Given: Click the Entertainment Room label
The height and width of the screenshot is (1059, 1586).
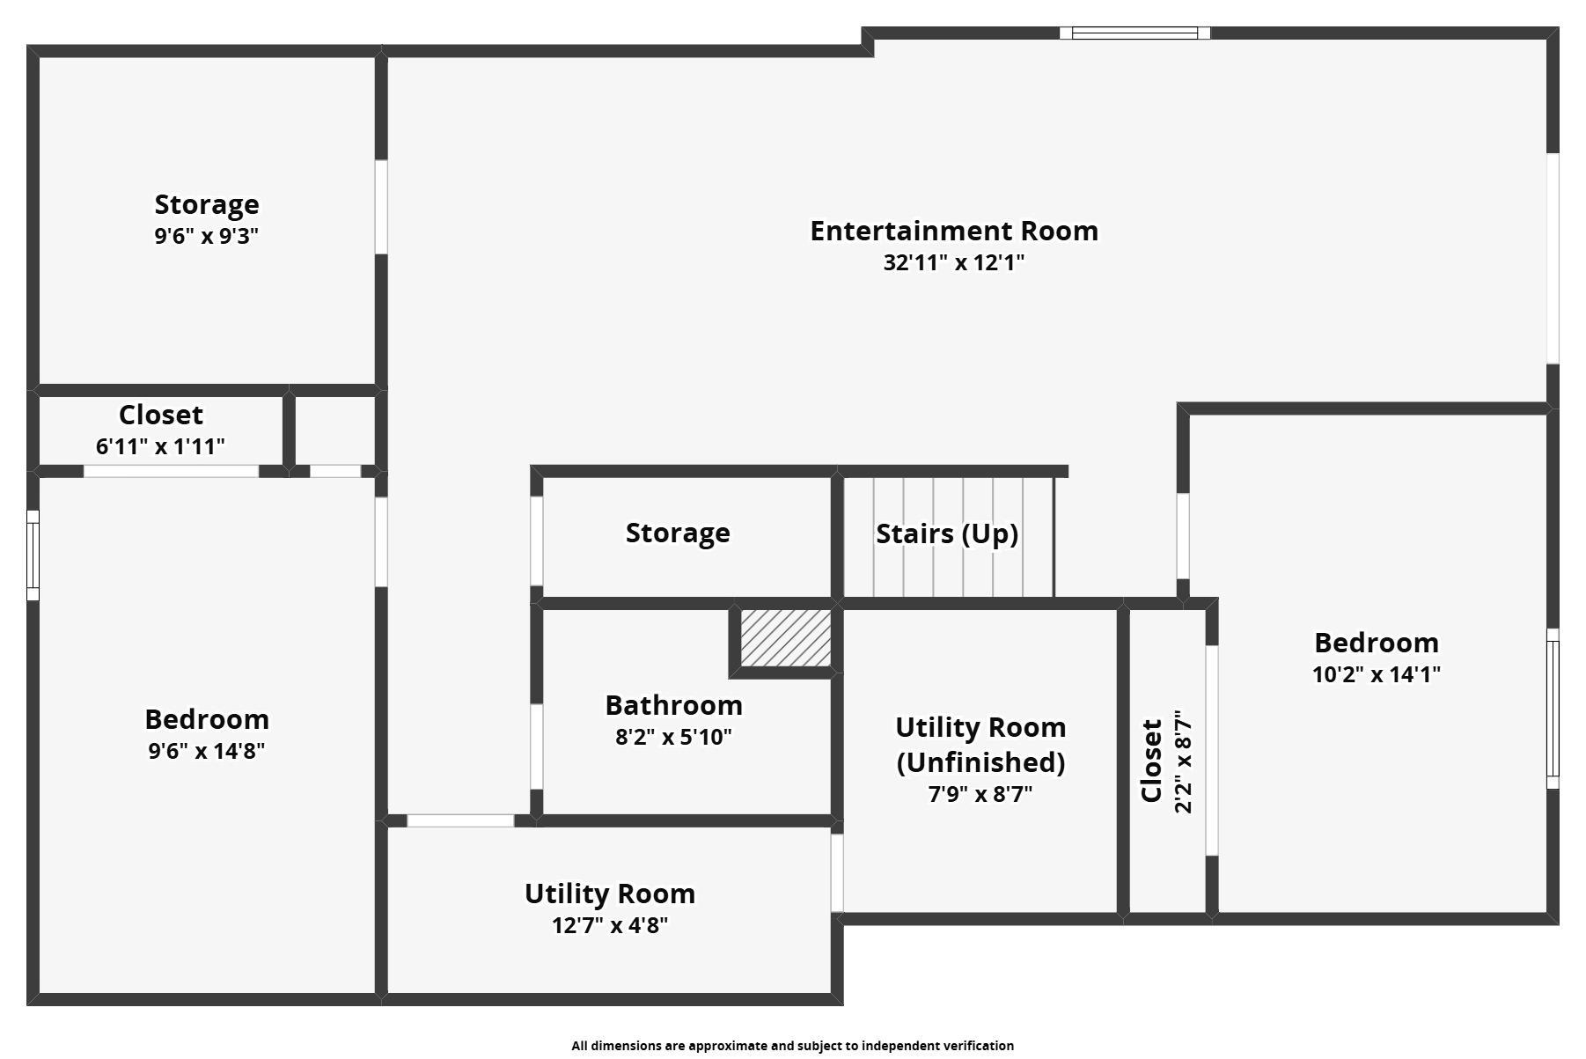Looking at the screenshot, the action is (x=954, y=231).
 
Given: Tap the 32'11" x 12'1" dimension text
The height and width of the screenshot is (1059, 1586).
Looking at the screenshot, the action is (x=954, y=262).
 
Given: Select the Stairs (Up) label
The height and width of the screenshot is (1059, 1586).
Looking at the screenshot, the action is (x=947, y=533).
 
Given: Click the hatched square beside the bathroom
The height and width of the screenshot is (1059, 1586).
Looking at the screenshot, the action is (x=785, y=637).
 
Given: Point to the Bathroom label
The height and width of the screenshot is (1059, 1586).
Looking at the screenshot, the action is (x=673, y=705).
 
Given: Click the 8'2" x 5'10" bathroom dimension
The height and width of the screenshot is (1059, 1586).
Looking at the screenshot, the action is (x=673, y=737).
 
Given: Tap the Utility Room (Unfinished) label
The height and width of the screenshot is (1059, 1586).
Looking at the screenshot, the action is (x=980, y=744).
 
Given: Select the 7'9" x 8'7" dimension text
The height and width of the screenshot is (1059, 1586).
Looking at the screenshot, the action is (x=980, y=794).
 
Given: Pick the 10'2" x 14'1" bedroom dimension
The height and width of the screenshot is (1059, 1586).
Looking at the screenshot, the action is (x=1377, y=674).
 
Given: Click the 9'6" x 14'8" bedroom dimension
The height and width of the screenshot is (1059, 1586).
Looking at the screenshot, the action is (x=207, y=751).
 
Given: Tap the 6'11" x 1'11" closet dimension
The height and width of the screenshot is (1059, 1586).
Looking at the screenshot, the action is (x=160, y=446).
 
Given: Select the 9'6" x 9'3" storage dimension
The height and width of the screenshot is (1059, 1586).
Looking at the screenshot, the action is (x=207, y=236).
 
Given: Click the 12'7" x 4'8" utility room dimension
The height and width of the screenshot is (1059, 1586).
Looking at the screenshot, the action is (x=610, y=925).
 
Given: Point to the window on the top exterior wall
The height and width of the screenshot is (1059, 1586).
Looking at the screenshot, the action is (x=1134, y=33).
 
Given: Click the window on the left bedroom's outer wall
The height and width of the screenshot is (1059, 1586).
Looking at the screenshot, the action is (x=33, y=555).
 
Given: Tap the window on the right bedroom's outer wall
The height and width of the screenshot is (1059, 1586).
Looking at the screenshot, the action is (x=1553, y=709).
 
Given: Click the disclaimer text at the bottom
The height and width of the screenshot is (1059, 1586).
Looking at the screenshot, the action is (x=792, y=1046).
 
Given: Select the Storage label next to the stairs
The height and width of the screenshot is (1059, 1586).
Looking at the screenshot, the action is (x=678, y=533).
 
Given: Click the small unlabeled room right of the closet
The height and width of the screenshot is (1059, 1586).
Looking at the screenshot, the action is (x=334, y=430).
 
